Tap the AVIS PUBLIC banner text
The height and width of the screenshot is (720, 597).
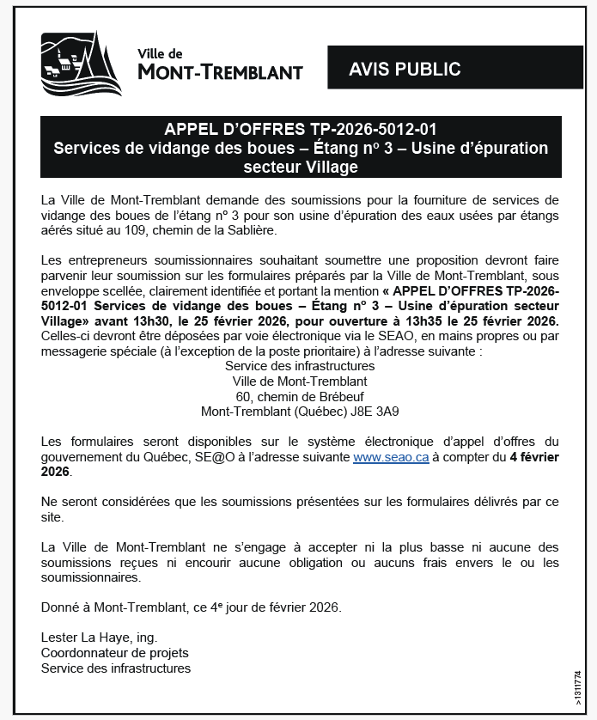pos(405,70)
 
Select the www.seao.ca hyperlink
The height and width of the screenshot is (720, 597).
pos(391,458)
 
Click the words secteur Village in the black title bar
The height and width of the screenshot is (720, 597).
pos(300,167)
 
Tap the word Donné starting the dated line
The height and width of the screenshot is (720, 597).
pos(60,607)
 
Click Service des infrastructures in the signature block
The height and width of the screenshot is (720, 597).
pos(116,668)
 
